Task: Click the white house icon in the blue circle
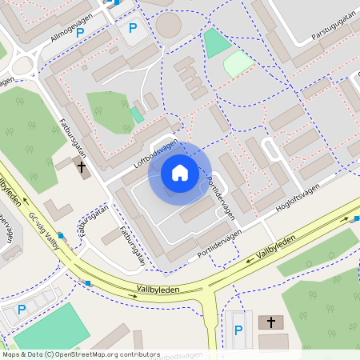(x=180, y=173)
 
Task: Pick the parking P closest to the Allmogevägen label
(x=80, y=33)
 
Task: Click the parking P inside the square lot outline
(x=133, y=29)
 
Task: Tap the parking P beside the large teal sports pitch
(x=22, y=310)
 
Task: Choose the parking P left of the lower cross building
(x=238, y=330)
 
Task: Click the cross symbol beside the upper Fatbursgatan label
(x=82, y=166)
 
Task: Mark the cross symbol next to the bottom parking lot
(x=271, y=322)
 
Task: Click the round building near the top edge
(x=168, y=25)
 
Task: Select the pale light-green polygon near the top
(x=238, y=63)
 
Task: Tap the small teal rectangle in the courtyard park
(x=138, y=114)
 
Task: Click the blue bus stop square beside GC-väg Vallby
(x=60, y=235)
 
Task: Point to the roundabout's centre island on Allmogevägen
(x=22, y=64)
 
